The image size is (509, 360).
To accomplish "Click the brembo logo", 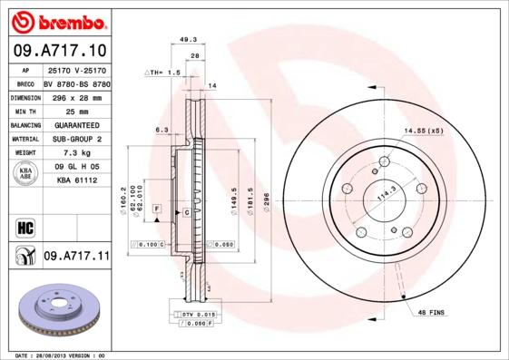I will pos(57,19).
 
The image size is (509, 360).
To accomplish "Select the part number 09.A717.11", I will pos(76,257).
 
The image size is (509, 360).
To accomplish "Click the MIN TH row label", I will pos(26,110).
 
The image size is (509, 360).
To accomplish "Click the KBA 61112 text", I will pos(76,180).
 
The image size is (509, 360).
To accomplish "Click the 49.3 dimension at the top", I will pos(189,39).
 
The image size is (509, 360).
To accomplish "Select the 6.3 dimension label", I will pos(162,130).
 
